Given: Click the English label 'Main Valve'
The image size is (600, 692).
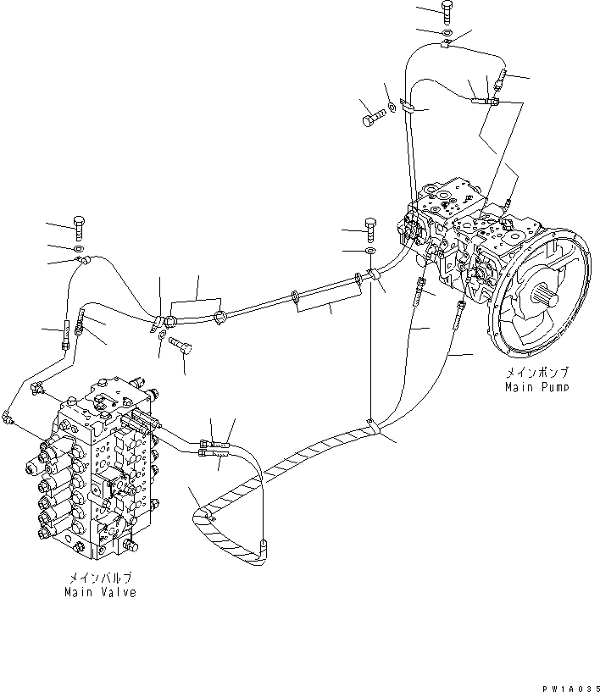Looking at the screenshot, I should click(99, 592).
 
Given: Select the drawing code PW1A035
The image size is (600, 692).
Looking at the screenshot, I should click(572, 683).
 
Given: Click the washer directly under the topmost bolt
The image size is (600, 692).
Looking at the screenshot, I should click(447, 31).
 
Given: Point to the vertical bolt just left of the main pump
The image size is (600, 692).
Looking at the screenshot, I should click(369, 227).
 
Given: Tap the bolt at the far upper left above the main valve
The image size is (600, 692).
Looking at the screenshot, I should click(78, 227).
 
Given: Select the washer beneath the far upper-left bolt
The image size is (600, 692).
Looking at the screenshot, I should click(78, 248).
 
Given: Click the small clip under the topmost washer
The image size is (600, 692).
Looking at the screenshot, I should click(447, 43).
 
